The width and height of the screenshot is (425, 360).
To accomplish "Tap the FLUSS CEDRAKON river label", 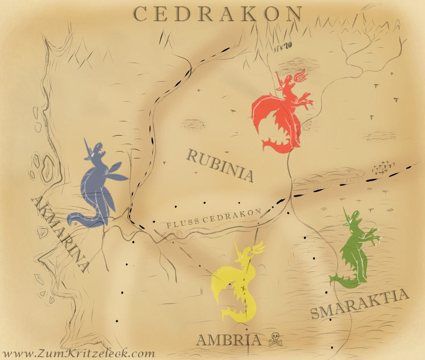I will coord(214,219).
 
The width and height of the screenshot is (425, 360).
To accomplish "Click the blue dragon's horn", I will coord(88,145).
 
